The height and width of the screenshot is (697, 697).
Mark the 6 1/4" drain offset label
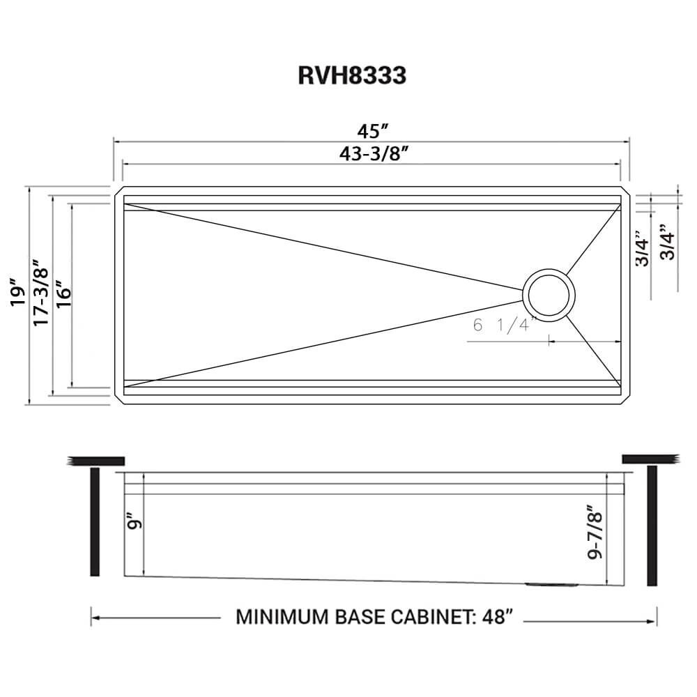click(x=503, y=324)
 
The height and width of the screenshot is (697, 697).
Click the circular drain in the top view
click(x=550, y=294)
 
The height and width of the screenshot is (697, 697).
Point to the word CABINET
click(x=436, y=618)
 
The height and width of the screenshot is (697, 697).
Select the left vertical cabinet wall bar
click(x=95, y=521)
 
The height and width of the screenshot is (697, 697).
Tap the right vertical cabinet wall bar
click(x=652, y=526)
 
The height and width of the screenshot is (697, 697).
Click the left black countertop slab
click(x=96, y=460)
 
